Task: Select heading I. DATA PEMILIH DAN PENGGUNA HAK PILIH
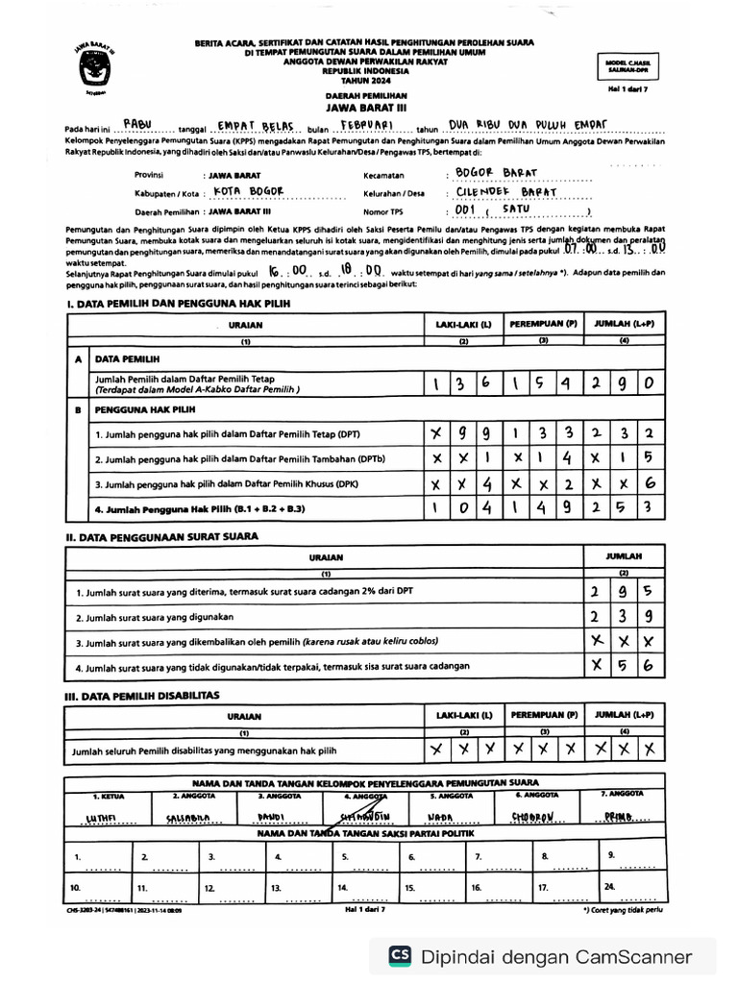[x=178, y=304]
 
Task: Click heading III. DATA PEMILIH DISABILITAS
[x=142, y=694]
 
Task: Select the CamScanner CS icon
[x=400, y=956]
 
